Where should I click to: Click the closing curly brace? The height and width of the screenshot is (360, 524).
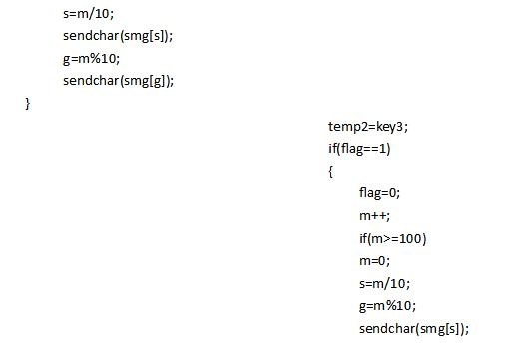(28, 104)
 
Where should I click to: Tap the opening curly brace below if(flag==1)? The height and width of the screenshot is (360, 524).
(330, 172)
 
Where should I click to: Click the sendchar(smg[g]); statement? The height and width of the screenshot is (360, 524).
(119, 81)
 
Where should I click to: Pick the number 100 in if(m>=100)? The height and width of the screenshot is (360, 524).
(410, 239)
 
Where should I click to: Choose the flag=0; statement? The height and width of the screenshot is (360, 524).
(379, 193)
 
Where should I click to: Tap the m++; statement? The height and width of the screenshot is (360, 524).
(374, 216)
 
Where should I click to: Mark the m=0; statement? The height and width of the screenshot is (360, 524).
(374, 261)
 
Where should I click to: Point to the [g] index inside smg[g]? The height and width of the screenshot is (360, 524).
(157, 81)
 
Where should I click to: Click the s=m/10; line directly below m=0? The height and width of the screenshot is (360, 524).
(384, 284)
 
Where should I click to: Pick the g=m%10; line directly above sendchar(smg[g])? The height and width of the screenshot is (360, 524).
(91, 59)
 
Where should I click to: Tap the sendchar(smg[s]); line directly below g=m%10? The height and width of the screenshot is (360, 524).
(414, 329)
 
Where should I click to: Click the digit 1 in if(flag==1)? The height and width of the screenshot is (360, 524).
(383, 148)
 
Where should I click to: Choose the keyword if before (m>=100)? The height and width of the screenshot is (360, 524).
(363, 238)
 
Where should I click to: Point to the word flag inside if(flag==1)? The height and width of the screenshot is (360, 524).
(352, 149)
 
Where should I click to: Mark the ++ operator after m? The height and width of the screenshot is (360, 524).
(380, 216)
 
